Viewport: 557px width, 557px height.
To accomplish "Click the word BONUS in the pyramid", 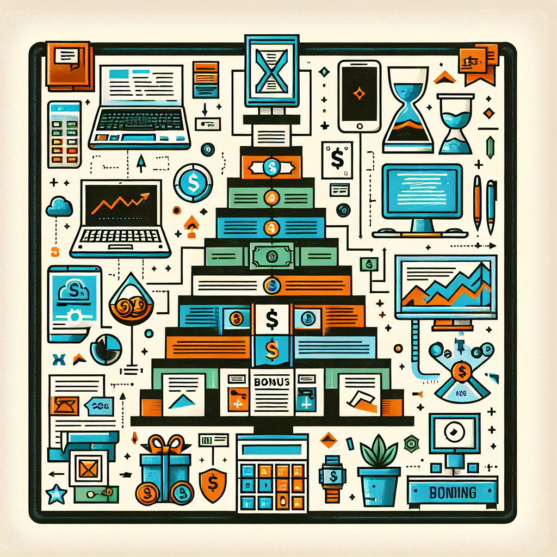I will click(271, 381).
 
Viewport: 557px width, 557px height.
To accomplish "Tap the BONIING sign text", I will click(453, 493).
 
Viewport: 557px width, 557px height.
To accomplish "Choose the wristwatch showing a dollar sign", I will click(332, 478).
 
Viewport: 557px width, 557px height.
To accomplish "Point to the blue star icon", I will click(56, 494).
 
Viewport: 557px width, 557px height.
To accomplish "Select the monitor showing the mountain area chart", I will click(446, 287).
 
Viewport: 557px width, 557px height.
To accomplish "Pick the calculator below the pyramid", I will click(273, 472).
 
